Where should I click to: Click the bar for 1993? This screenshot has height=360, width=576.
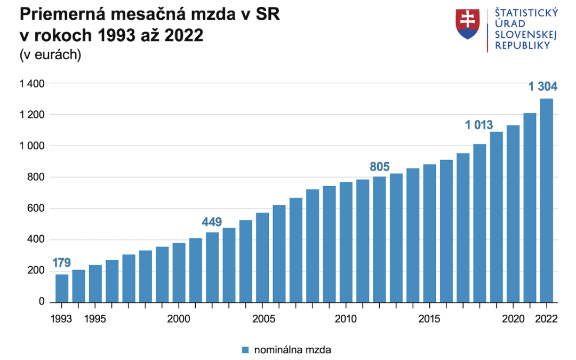(x=62, y=288)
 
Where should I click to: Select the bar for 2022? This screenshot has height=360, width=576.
(x=547, y=200)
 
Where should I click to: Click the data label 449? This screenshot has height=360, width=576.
(x=212, y=222)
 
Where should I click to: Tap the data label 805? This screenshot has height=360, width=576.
(x=379, y=166)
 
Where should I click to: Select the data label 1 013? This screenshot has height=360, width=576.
(x=479, y=126)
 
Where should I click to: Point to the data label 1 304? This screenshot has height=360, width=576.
(x=543, y=86)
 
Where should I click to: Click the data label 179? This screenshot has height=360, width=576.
(x=61, y=263)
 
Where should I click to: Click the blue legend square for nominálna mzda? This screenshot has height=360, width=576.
(x=245, y=350)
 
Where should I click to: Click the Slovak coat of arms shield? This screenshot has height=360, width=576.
(x=468, y=24)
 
